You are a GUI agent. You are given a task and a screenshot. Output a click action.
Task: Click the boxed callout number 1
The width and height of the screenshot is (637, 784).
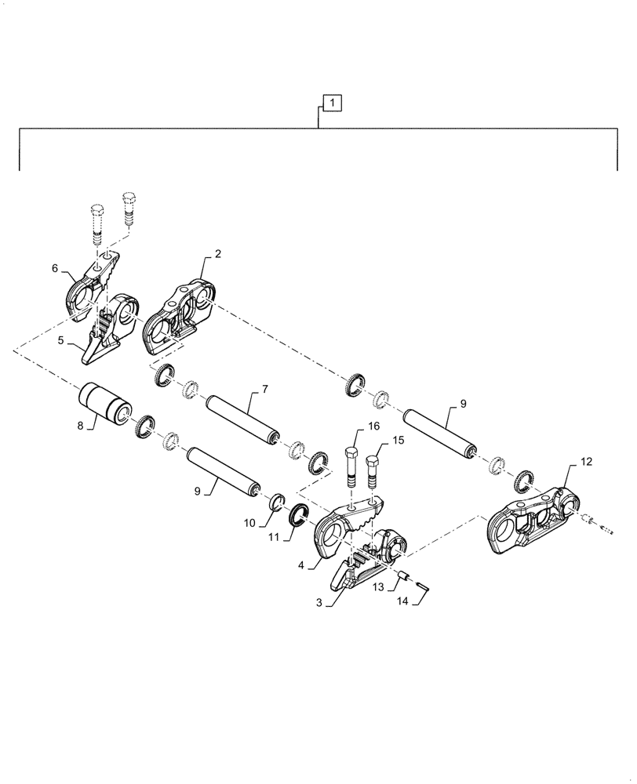point(332,103)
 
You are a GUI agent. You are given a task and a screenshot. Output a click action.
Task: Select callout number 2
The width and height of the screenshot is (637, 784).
point(217,254)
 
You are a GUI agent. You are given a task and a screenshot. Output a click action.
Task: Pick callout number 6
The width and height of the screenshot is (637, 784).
point(55,268)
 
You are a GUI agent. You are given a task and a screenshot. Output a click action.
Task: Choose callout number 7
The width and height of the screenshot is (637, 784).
point(265,389)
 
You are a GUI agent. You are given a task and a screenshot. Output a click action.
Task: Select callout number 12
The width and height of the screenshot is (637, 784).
point(588,463)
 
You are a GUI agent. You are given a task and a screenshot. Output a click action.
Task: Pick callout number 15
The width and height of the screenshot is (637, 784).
point(398,440)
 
